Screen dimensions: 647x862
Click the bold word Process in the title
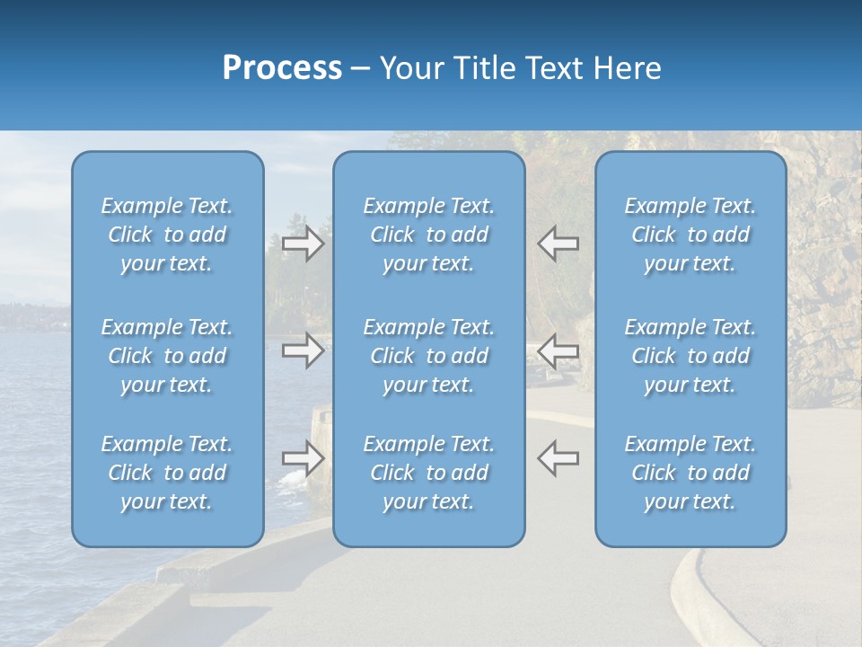[282, 67]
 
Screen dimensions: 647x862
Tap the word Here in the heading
[627, 68]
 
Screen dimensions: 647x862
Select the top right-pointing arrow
[303, 244]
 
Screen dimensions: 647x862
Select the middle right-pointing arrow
[303, 350]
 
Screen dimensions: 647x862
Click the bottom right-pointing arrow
[303, 458]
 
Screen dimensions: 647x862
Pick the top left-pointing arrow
[558, 244]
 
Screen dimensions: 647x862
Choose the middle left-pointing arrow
[558, 350]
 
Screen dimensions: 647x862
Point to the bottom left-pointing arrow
[558, 457]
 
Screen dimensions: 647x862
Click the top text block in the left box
[167, 235]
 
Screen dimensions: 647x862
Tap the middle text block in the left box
[167, 356]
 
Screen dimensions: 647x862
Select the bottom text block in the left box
[167, 473]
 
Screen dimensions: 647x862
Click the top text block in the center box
[429, 235]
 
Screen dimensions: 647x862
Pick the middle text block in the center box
[429, 356]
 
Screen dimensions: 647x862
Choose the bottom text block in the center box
[429, 473]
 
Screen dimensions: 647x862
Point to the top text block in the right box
[690, 235]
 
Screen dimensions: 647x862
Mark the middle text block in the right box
[690, 356]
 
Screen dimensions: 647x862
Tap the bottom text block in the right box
[690, 473]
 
